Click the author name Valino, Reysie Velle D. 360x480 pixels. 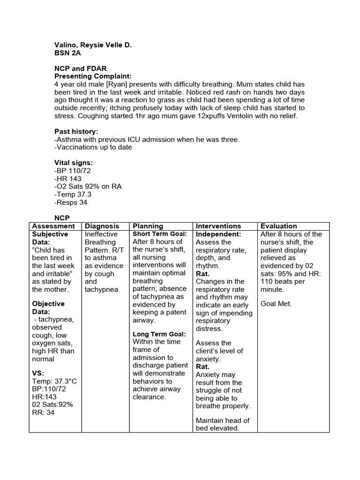pyautogui.click(x=93, y=45)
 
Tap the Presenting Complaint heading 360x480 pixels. pyautogui.click(x=93, y=76)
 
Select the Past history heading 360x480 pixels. pyautogui.click(x=76, y=132)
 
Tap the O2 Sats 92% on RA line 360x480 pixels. pyautogui.click(x=88, y=187)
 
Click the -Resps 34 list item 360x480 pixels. pyautogui.click(x=71, y=202)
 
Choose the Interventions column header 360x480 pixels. pyautogui.click(x=218, y=226)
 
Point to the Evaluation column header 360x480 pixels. pyautogui.click(x=278, y=226)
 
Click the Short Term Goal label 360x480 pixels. pyautogui.click(x=160, y=234)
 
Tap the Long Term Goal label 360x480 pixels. pyautogui.click(x=159, y=334)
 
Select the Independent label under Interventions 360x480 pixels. pyautogui.click(x=218, y=234)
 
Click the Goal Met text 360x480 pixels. pyautogui.click(x=276, y=304)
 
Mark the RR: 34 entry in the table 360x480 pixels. pyautogui.click(x=43, y=412)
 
